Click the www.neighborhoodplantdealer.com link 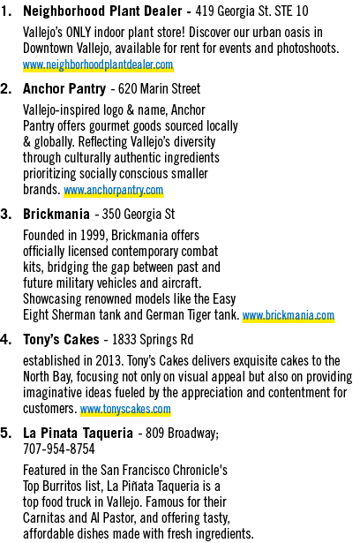point(98,64)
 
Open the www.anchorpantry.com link point(113,190)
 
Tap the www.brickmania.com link point(289,315)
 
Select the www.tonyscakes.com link point(125,409)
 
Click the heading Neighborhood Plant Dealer point(102,11)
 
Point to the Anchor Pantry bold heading point(64,89)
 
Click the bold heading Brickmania point(56,214)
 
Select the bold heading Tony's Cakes point(61,339)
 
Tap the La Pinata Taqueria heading point(78,434)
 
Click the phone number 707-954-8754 point(59,449)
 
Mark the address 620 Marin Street point(159,89)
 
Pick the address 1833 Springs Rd point(153,339)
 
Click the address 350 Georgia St point(139,214)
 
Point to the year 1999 point(94,236)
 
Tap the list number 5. point(6,434)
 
